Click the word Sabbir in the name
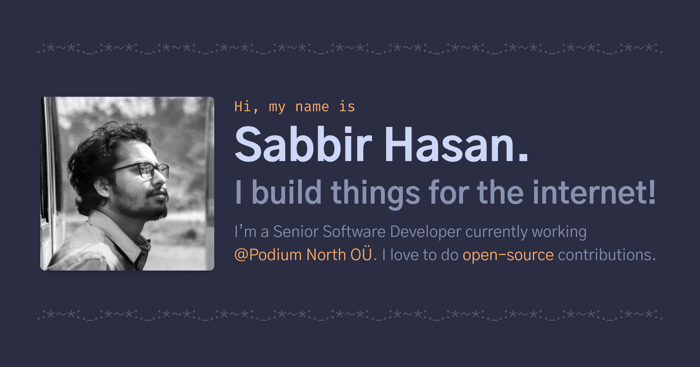[x=303, y=145]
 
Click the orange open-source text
[x=508, y=255]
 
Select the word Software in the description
[x=354, y=232]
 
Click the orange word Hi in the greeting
[x=242, y=107]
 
